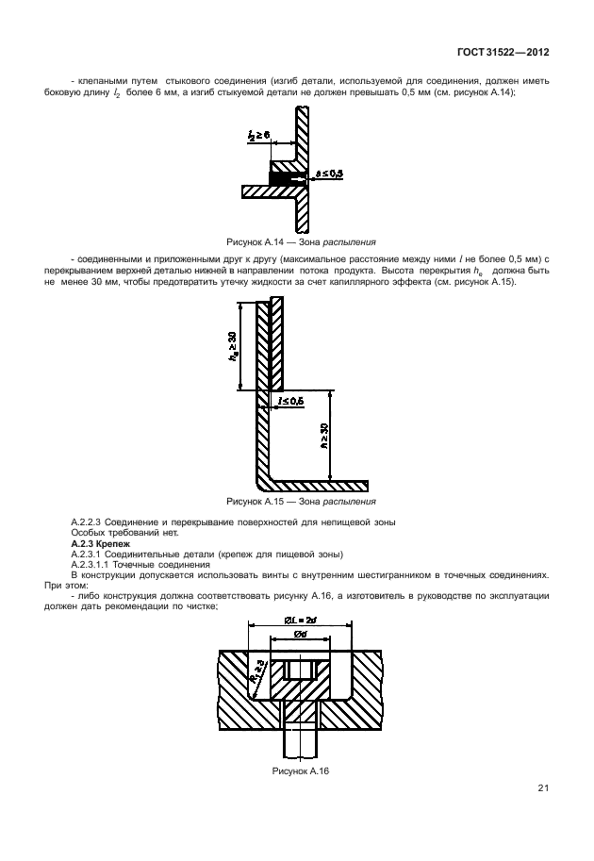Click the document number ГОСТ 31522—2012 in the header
click(x=507, y=54)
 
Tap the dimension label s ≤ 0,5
click(x=329, y=174)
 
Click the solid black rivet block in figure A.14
click(x=281, y=175)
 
